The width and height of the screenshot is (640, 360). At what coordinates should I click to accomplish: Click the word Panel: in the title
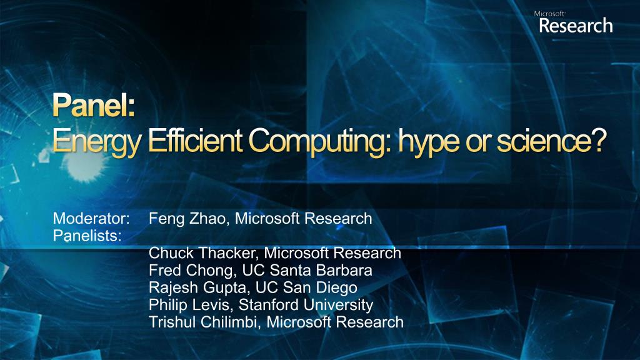[x=94, y=105]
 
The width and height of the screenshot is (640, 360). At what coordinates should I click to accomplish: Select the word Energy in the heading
[x=97, y=142]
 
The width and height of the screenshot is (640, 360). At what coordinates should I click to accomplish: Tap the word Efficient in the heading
[x=195, y=141]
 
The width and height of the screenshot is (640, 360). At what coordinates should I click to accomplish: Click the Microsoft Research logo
[x=576, y=22]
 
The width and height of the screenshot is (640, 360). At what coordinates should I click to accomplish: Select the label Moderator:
[x=91, y=218]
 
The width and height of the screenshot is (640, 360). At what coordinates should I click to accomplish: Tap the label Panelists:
[x=87, y=236]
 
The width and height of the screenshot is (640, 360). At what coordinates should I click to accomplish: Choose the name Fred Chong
[x=192, y=271]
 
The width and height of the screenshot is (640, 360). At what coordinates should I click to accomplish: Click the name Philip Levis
[x=191, y=305]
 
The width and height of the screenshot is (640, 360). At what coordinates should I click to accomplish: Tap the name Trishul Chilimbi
[x=205, y=322]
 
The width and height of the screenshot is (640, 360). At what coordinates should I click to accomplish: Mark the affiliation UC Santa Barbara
[x=307, y=270]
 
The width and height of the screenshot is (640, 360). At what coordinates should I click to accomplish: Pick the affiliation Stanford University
[x=306, y=305]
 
